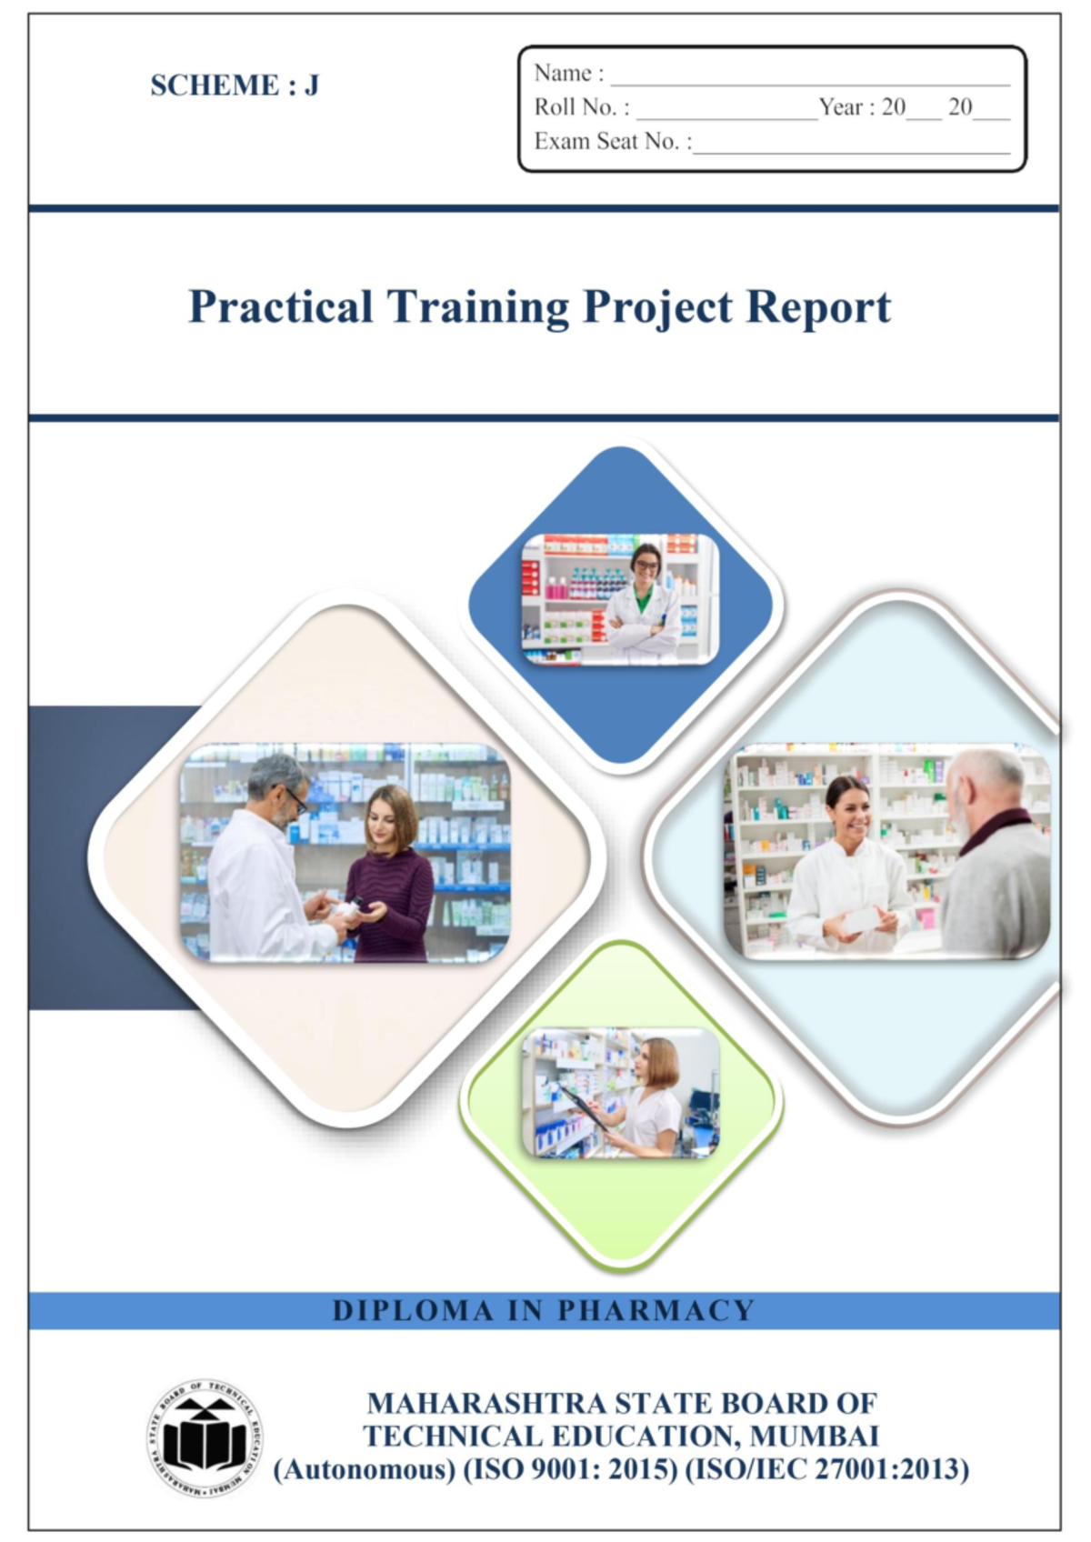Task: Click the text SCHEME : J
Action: pos(235,85)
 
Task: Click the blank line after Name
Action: pos(809,80)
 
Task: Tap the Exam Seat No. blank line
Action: pos(851,149)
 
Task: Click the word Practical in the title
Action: pos(280,307)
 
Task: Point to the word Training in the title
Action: pos(478,307)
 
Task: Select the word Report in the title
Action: pos(818,307)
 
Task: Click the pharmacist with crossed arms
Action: pos(644,605)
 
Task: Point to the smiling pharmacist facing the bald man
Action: pos(847,864)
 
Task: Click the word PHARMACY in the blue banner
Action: pos(656,1310)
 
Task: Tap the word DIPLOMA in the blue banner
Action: pos(413,1310)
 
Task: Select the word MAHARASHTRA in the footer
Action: pos(486,1403)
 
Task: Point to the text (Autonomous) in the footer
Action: pos(364,1469)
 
